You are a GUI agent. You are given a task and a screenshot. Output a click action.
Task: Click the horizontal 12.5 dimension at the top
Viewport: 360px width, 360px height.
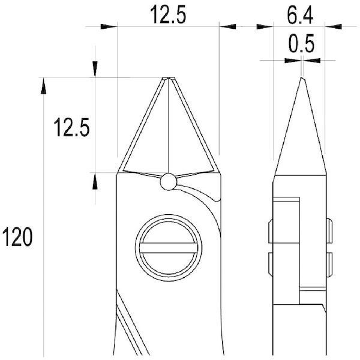coord(168,14)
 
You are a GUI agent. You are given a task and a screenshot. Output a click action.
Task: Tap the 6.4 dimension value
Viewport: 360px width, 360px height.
coord(300,16)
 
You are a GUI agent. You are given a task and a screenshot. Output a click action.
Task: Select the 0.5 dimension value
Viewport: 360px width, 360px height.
coord(301,43)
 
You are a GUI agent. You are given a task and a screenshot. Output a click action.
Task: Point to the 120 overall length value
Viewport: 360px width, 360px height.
coord(17,237)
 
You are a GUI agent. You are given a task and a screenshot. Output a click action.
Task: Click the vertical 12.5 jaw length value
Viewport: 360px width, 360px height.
coord(71,127)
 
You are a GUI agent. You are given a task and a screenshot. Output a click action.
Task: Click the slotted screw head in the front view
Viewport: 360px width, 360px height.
coord(169,248)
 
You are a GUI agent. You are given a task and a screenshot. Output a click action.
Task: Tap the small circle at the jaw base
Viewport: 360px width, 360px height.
coord(169,182)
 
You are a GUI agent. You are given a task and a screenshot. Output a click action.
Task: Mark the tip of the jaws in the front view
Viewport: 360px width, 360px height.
coord(169,78)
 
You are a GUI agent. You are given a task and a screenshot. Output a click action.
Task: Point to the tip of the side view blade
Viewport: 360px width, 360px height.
coord(301,77)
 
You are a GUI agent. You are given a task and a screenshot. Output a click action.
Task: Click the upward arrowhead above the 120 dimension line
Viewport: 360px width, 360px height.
coord(43,86)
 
